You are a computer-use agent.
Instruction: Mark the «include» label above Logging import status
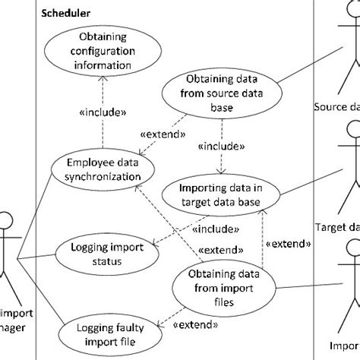215,227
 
